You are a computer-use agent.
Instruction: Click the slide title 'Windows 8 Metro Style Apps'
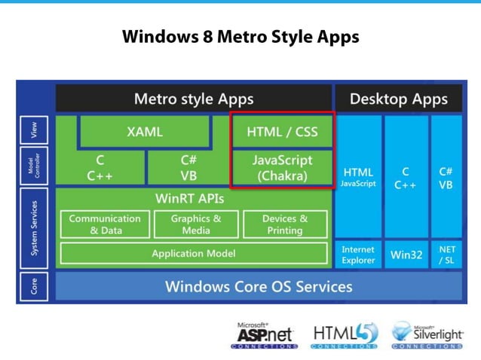[240, 36]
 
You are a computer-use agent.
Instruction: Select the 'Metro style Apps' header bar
[194, 99]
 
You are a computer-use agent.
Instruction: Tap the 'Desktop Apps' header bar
[398, 99]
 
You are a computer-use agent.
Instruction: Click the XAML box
[145, 132]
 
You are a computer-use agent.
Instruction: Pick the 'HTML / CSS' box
[282, 132]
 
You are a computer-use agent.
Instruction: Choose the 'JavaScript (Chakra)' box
[282, 168]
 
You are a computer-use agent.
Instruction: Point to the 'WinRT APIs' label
[194, 198]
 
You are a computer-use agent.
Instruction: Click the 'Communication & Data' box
[105, 224]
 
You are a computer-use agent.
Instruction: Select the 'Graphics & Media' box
[196, 224]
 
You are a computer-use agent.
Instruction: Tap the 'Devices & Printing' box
[285, 224]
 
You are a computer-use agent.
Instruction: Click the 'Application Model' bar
[194, 254]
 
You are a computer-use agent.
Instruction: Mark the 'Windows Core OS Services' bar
[259, 287]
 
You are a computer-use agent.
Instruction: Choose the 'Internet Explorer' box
[358, 255]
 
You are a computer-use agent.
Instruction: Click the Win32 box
[406, 255]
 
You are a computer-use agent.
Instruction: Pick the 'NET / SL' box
[446, 255]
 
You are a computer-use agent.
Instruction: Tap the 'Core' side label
[35, 287]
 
